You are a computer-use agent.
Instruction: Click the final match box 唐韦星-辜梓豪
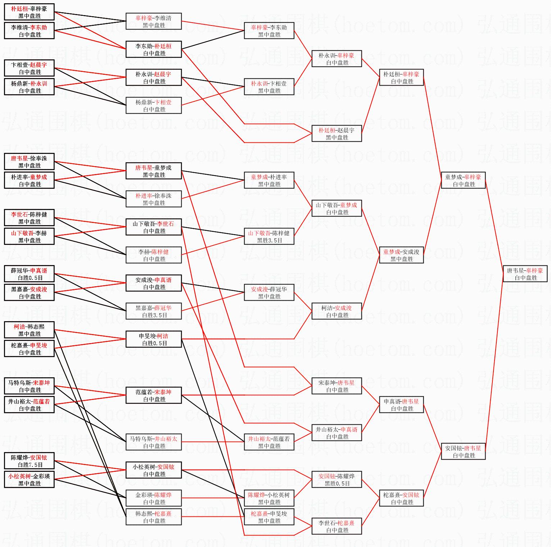525,274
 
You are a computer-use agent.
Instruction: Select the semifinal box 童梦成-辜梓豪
463,181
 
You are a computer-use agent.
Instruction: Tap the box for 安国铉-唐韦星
463,452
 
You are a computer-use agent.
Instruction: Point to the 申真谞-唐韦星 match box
401,405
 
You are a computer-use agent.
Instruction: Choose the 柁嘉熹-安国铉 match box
401,498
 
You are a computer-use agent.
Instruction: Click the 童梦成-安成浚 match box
401,255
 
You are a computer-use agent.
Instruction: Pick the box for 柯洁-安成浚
337,311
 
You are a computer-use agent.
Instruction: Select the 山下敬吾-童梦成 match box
337,209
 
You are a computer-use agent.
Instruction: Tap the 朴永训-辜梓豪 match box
337,59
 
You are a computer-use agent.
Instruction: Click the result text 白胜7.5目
30,465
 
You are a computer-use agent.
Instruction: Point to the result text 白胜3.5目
154,315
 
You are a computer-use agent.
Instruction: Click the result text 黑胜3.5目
269,241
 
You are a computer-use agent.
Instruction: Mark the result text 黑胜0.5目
337,484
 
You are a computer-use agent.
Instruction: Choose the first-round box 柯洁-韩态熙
29,330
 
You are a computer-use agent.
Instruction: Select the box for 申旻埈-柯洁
154,339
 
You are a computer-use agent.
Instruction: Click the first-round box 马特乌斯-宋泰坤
29,386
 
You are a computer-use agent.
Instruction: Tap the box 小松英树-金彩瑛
29,480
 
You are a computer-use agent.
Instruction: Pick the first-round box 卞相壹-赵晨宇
29,68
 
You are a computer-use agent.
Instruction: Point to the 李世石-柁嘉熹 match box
337,527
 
